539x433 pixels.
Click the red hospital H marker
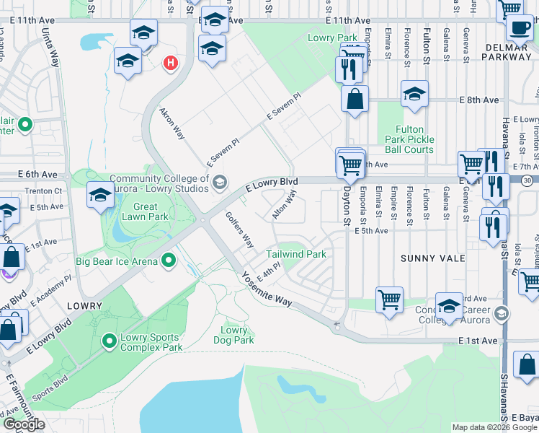coord(171,64)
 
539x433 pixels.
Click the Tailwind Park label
coord(296,254)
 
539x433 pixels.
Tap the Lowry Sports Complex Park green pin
coord(110,339)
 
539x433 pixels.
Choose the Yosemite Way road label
coord(267,289)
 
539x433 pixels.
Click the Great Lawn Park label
coord(145,211)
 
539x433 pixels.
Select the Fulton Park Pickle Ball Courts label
coord(409,139)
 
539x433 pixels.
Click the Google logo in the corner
coord(24,424)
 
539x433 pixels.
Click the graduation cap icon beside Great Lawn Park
coord(100,193)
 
